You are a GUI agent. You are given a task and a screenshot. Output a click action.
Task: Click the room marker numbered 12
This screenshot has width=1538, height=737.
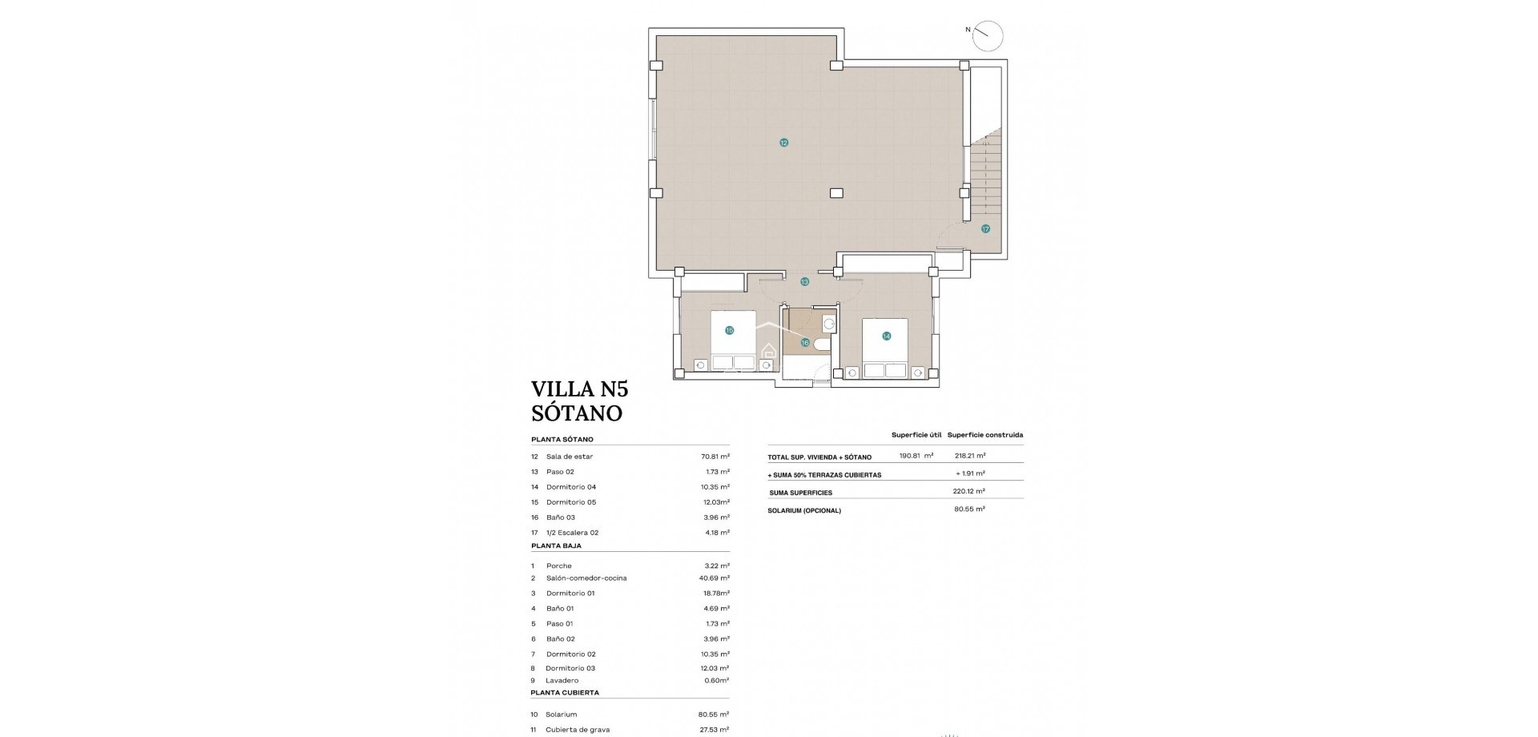tap(783, 143)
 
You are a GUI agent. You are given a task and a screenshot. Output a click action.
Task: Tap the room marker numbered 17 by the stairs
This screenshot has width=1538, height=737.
tap(985, 229)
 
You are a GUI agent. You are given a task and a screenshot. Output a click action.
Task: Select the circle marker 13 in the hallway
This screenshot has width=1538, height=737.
tap(804, 282)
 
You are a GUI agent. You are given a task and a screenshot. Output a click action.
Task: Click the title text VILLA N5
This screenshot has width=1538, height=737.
tap(579, 389)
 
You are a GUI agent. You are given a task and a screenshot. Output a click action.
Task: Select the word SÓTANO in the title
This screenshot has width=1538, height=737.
tap(576, 413)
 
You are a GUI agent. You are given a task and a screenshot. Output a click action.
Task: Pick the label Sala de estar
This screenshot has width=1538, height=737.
tap(570, 457)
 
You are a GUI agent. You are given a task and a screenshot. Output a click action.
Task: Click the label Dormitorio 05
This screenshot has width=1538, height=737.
tap(571, 502)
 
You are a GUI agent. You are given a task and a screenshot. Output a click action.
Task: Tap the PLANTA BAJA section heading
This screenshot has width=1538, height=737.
tap(556, 546)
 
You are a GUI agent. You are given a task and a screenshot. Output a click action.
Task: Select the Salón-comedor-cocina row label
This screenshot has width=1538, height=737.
tap(586, 578)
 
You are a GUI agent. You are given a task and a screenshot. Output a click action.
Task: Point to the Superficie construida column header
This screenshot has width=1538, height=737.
tap(984, 435)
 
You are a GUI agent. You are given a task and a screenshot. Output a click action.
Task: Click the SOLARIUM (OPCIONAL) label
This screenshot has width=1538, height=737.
tap(804, 510)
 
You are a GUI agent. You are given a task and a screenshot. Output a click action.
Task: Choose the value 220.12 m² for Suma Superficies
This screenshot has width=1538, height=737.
tap(969, 492)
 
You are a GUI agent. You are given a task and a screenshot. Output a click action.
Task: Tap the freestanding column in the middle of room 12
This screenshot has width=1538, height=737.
tap(836, 193)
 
